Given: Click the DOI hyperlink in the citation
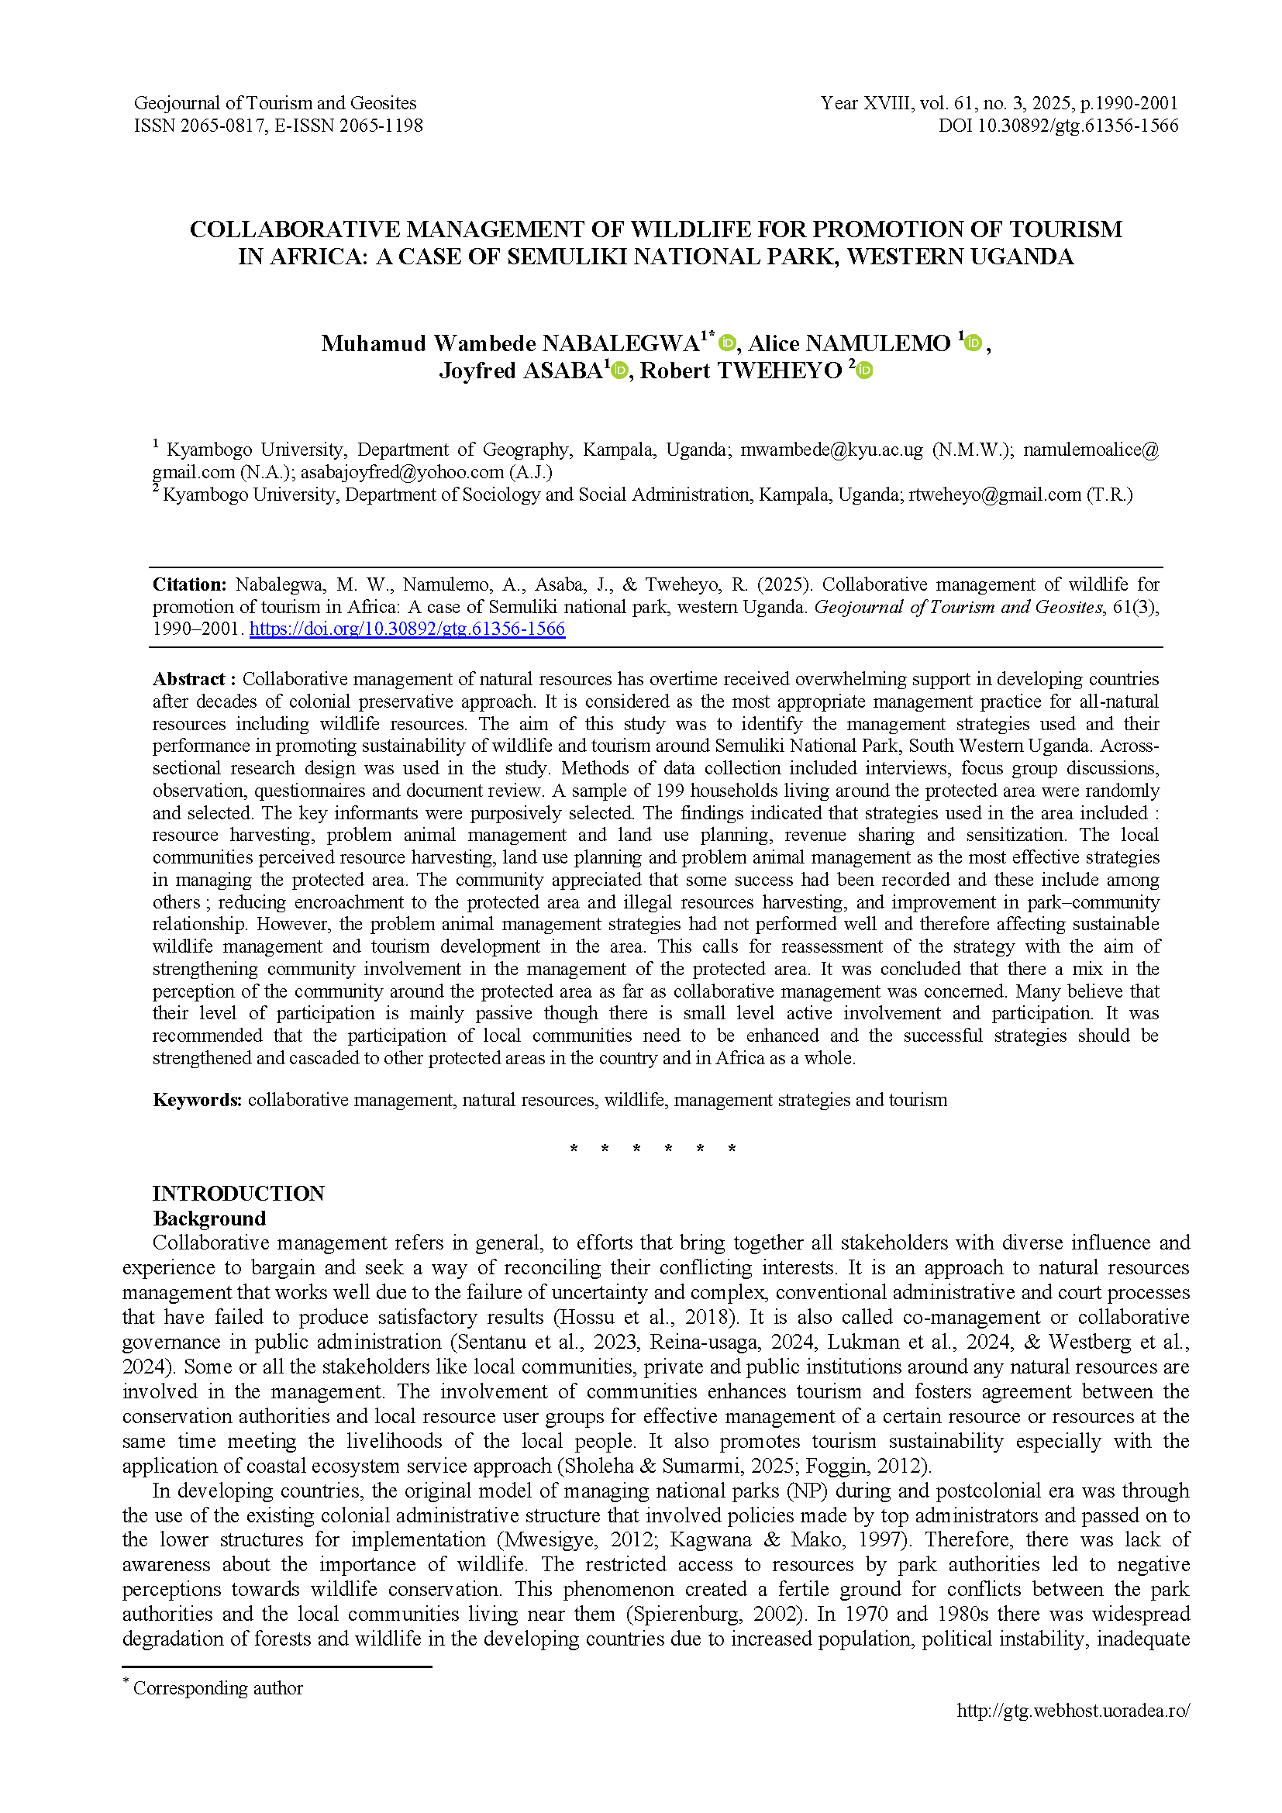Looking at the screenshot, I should coord(408,629).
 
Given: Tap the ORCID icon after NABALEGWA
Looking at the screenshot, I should coord(727,343).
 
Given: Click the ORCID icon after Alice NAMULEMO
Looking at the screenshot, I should coord(974,343).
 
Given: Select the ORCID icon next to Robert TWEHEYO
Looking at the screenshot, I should coord(864,371).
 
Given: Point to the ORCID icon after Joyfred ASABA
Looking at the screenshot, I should coord(620,371).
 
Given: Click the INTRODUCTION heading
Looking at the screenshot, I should coord(239,1193).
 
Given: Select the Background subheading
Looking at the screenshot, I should coord(209,1218).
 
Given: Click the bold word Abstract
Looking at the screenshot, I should coord(189,679).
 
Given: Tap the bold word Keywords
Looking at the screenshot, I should coord(197,1100).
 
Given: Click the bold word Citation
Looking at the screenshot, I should coord(188,584).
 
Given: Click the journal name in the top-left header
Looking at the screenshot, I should coord(274,103).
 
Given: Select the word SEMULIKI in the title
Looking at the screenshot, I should coord(566,257).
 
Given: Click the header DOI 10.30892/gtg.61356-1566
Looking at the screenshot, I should coord(1058,126).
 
